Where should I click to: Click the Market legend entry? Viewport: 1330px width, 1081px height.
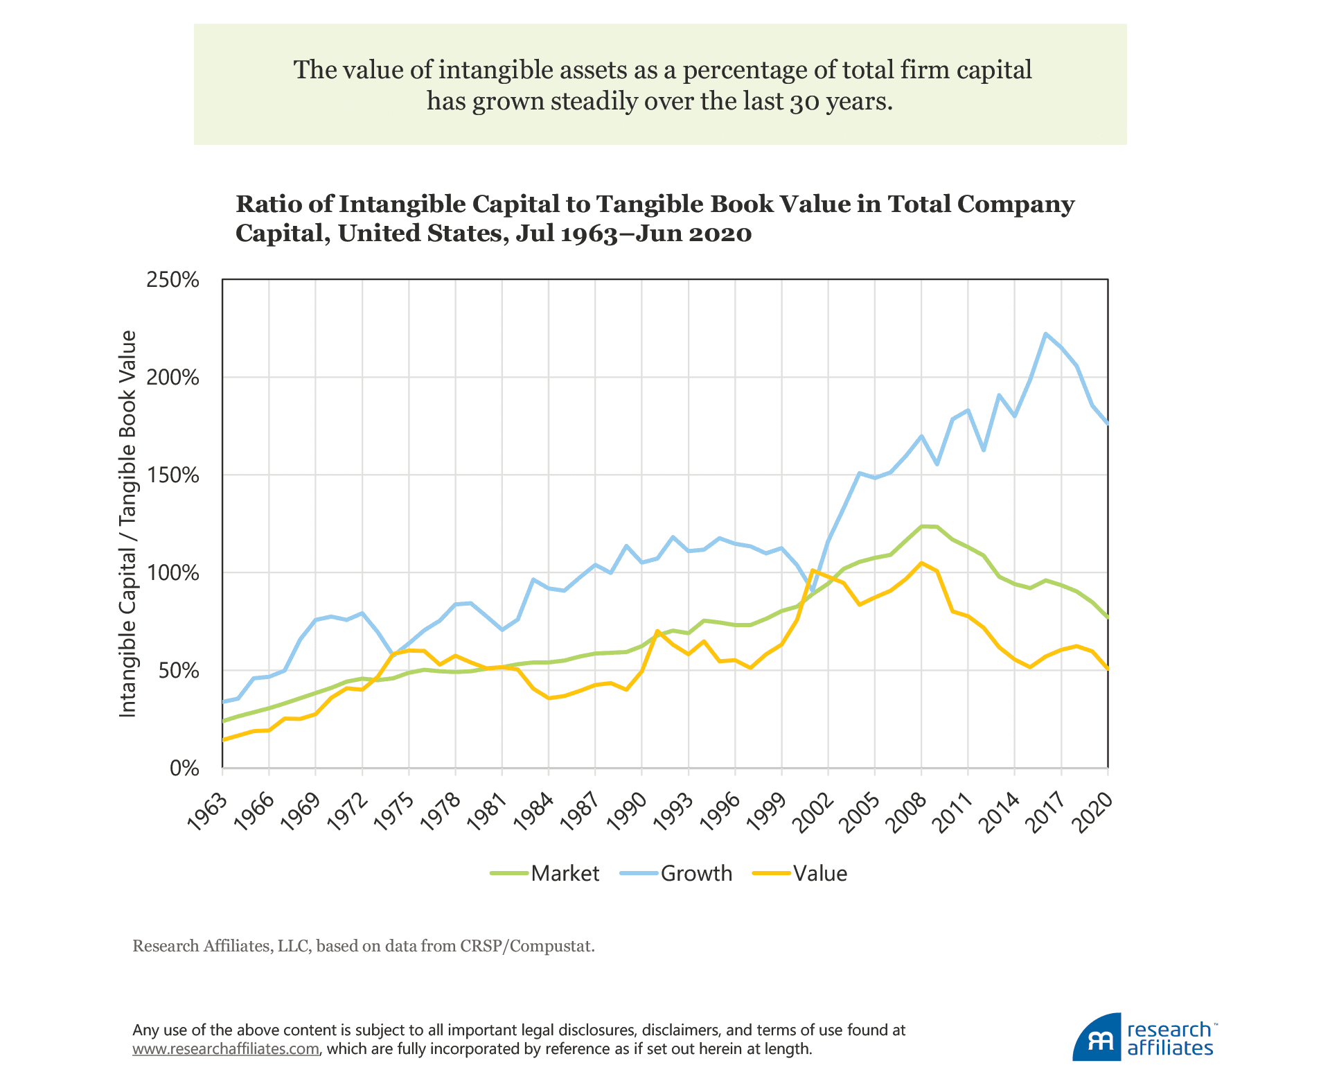[x=545, y=874]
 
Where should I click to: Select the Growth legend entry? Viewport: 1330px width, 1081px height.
[x=676, y=874]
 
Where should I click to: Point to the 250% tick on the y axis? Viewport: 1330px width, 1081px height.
[x=172, y=280]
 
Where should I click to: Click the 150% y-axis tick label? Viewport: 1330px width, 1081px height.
[x=172, y=475]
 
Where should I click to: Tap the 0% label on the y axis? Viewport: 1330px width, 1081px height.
[x=184, y=768]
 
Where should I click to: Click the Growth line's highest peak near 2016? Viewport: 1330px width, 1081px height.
[x=1045, y=334]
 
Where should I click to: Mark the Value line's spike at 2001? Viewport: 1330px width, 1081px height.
[x=813, y=570]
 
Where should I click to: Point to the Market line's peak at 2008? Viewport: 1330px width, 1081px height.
[x=922, y=527]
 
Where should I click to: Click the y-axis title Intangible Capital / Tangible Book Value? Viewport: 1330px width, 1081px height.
[x=128, y=524]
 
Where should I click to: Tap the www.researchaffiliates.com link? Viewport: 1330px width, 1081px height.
[x=226, y=1048]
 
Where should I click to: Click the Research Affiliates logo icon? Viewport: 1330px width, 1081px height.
[x=1096, y=1037]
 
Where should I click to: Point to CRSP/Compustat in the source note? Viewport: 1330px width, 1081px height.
[x=526, y=946]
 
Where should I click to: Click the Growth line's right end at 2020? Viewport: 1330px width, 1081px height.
[x=1108, y=423]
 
